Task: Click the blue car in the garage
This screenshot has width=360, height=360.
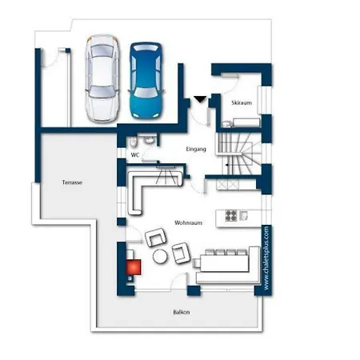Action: click(x=146, y=80)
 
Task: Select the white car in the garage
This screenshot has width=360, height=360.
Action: click(x=102, y=78)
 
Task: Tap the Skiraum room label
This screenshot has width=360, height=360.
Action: click(x=242, y=102)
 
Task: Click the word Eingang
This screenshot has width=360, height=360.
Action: click(x=196, y=149)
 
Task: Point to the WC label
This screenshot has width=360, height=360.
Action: click(x=135, y=155)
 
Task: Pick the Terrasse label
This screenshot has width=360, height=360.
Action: click(x=72, y=182)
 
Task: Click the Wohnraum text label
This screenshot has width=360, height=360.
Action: click(x=188, y=222)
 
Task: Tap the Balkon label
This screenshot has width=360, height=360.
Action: click(x=182, y=312)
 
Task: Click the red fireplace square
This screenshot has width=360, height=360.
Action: click(x=134, y=267)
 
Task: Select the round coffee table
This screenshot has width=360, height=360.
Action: click(x=160, y=257)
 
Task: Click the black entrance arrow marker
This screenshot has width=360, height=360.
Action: click(x=200, y=99)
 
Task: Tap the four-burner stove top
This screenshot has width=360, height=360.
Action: click(x=231, y=216)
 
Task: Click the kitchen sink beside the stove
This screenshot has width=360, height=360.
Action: click(x=244, y=215)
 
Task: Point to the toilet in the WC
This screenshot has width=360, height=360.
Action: click(x=133, y=142)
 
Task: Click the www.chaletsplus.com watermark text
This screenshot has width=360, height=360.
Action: click(x=266, y=258)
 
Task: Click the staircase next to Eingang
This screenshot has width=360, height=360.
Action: click(x=238, y=154)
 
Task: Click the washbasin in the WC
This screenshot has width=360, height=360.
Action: click(x=150, y=141)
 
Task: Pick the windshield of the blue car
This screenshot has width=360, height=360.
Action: click(x=146, y=92)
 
